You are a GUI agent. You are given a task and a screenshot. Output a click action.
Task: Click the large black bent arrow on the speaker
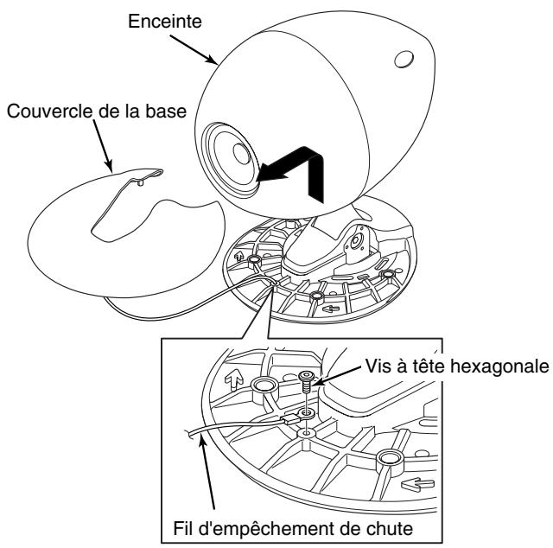pos(293,169)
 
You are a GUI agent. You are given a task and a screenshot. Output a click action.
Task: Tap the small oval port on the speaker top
pos(403,60)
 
